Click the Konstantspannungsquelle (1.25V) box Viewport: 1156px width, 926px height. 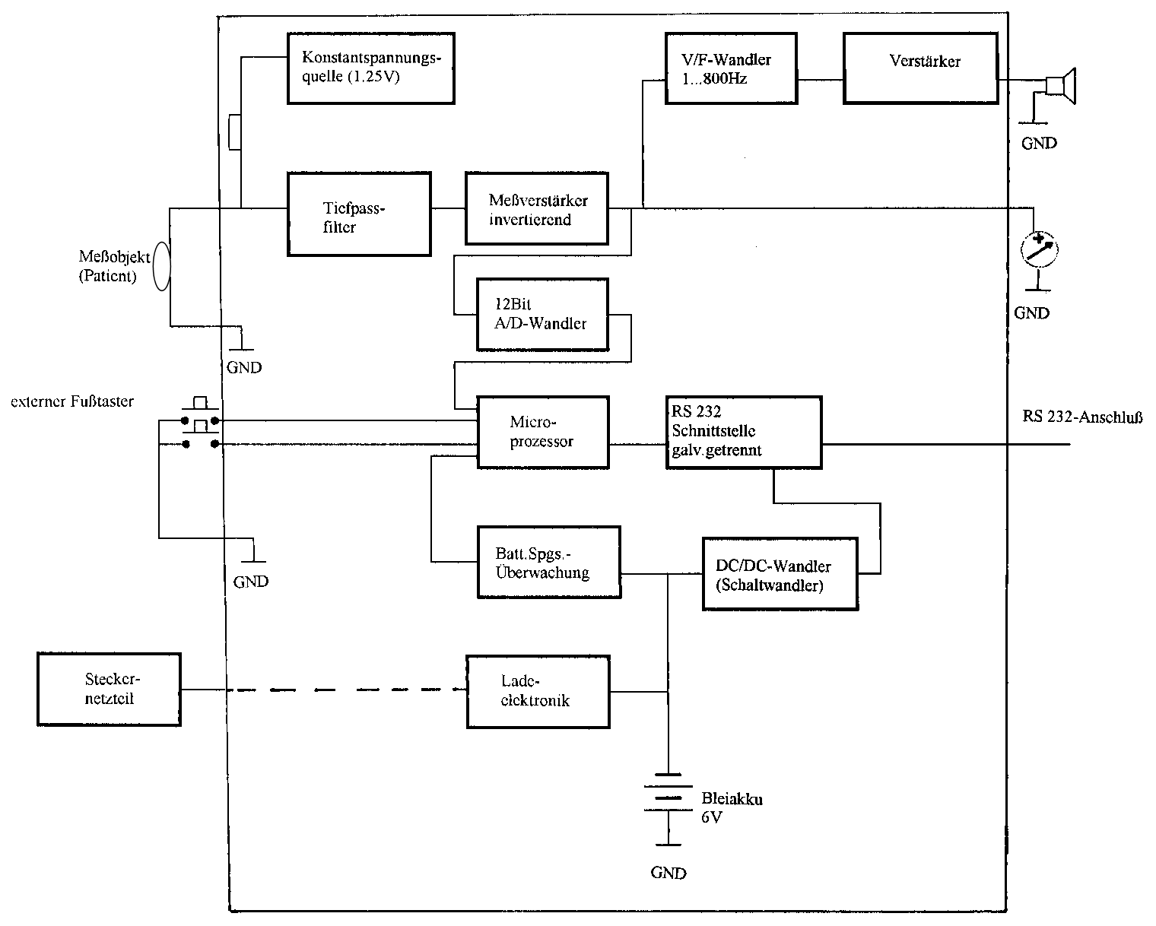click(370, 68)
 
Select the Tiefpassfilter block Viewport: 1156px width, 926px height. click(359, 214)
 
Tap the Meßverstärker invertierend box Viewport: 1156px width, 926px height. click(537, 209)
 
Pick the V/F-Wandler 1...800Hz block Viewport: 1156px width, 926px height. click(731, 68)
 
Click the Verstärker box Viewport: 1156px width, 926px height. click(920, 68)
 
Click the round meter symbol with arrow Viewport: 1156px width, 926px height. click(1039, 249)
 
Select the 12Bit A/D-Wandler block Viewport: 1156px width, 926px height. click(542, 314)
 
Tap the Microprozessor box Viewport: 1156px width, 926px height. click(542, 431)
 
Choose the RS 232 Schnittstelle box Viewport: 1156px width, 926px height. click(743, 431)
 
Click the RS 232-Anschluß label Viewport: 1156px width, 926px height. click(1083, 417)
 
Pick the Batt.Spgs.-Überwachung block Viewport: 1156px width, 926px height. click(548, 562)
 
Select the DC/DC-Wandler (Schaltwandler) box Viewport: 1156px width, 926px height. click(780, 573)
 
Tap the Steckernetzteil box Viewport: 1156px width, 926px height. click(109, 688)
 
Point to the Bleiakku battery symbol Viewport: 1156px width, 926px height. click(668, 798)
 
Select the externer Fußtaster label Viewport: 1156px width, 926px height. click(72, 401)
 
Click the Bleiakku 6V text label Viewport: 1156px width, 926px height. click(731, 807)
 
